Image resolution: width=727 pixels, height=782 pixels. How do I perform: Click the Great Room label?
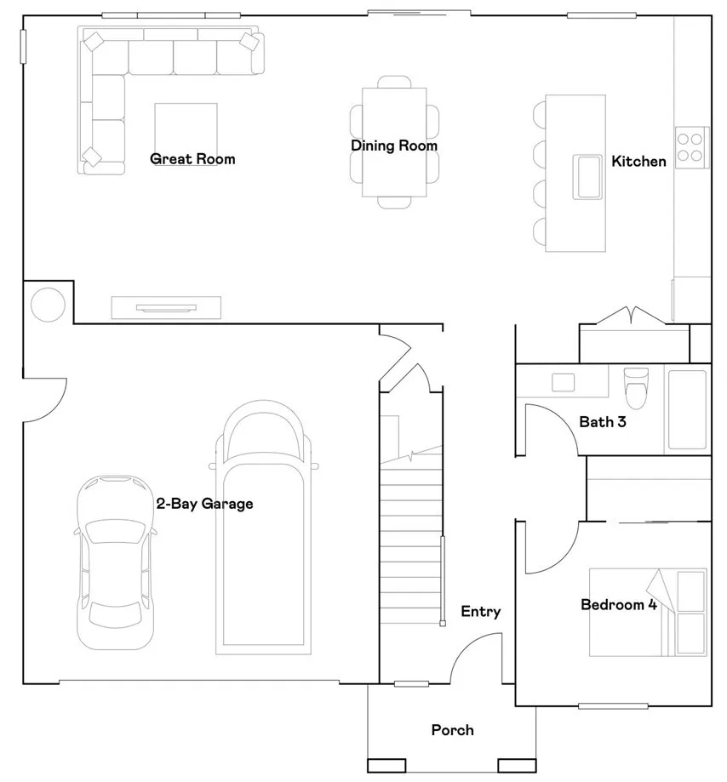[x=192, y=159]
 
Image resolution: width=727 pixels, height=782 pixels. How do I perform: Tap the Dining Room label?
[x=394, y=146]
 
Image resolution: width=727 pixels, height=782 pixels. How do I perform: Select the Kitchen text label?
[x=638, y=161]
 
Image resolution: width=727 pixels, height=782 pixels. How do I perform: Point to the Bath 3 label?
[x=603, y=421]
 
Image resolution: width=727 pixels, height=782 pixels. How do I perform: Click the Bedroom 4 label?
[x=618, y=605]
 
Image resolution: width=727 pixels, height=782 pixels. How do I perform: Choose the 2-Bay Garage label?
[x=204, y=504]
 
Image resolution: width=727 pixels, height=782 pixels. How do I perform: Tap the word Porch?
[x=452, y=730]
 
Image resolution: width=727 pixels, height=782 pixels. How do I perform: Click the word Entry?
[x=480, y=611]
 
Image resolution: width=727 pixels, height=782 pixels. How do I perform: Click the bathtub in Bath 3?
[x=687, y=408]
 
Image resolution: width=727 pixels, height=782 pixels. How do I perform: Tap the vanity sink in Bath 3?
[x=564, y=382]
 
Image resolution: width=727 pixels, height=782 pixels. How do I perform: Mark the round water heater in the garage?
[x=47, y=305]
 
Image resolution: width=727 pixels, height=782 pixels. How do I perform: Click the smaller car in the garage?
[x=116, y=562]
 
